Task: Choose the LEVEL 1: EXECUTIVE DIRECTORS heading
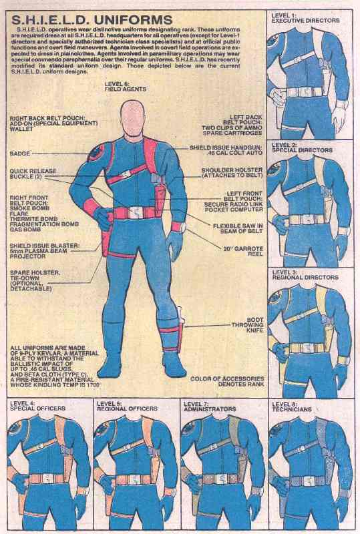tap(306, 18)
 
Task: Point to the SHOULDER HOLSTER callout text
tap(231, 174)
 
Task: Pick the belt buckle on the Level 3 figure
tap(308, 348)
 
